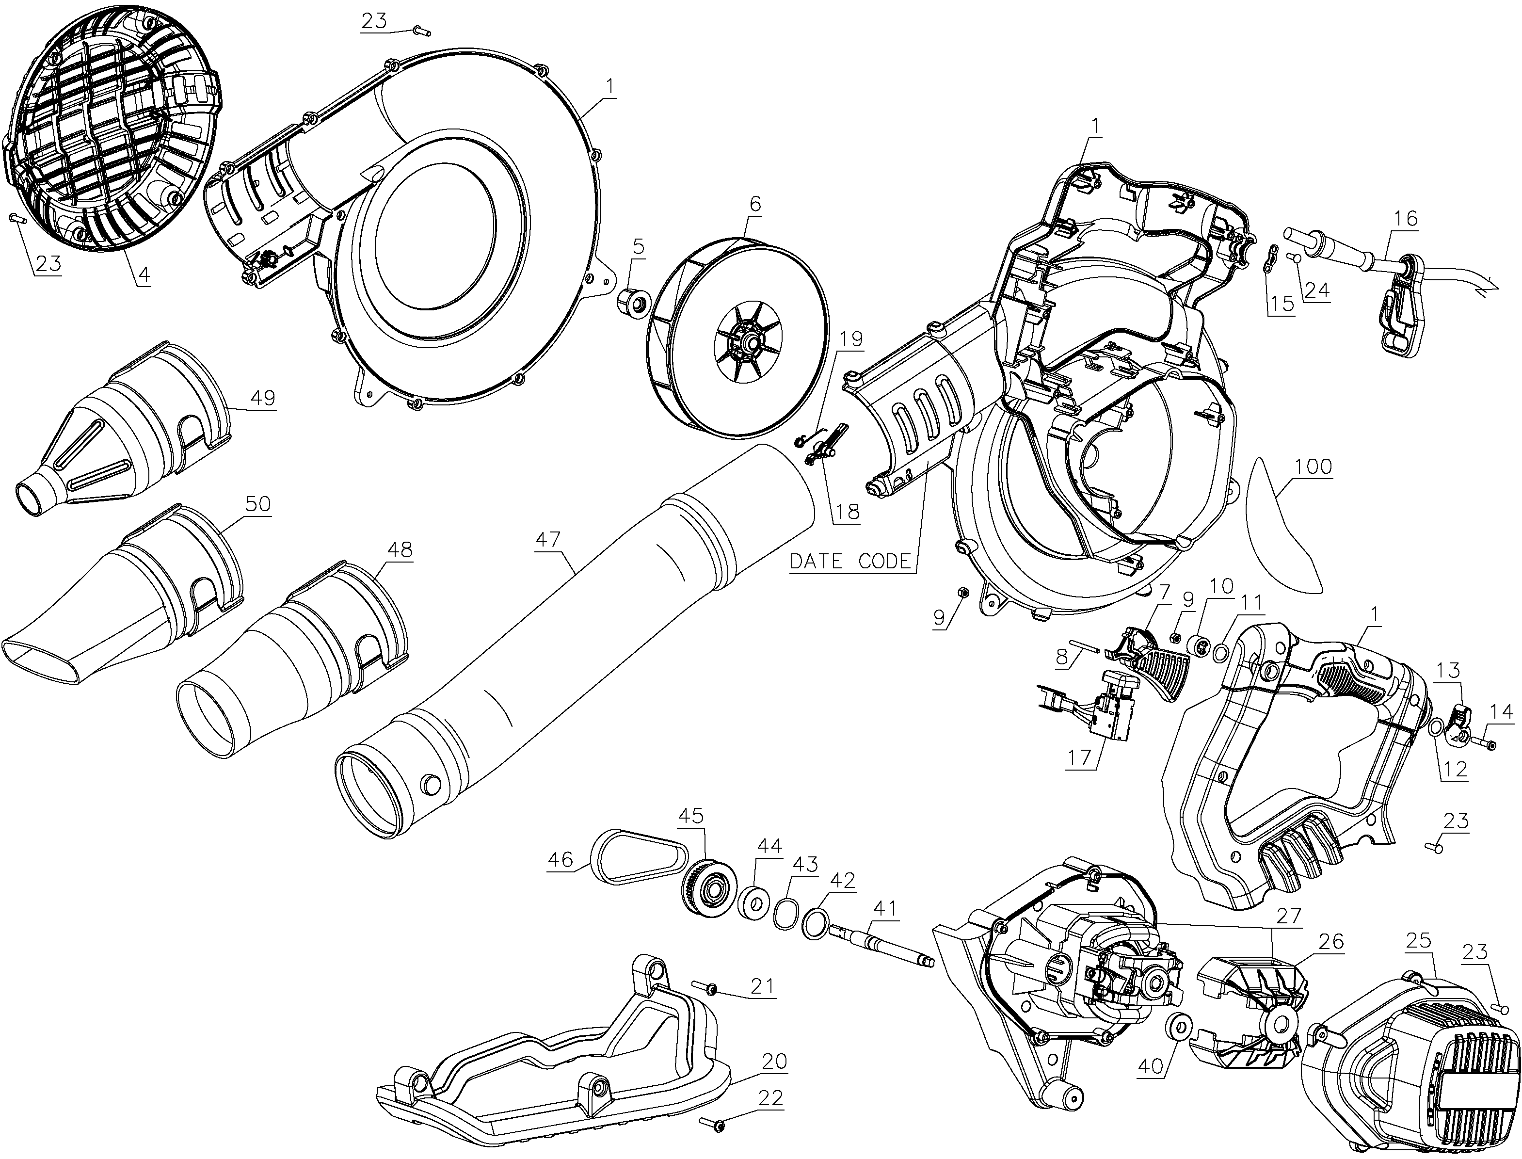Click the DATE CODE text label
point(850,561)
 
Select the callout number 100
point(1313,467)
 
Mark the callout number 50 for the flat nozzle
point(257,504)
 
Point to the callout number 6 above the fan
point(755,204)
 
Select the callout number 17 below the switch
point(1079,757)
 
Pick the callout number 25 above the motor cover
point(1419,940)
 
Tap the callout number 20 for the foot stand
point(774,1061)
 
